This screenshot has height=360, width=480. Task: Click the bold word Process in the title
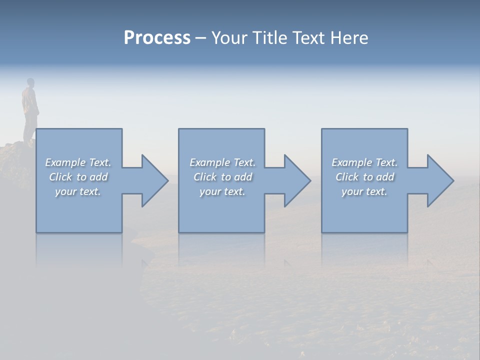pyautogui.click(x=157, y=38)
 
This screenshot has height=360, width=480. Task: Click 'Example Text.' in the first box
pyautogui.click(x=78, y=162)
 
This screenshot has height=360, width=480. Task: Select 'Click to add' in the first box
pyautogui.click(x=78, y=177)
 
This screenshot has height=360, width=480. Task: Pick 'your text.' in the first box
pyautogui.click(x=78, y=191)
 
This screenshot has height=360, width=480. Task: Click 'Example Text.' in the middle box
pyautogui.click(x=222, y=162)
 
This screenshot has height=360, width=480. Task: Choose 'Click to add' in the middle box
pyautogui.click(x=222, y=177)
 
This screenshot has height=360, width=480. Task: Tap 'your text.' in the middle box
pyautogui.click(x=222, y=191)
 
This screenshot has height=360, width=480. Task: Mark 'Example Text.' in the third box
pyautogui.click(x=364, y=162)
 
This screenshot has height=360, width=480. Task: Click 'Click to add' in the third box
pyautogui.click(x=364, y=177)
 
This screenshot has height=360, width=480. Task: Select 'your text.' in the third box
pyautogui.click(x=364, y=191)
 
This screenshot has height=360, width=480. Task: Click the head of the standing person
pyautogui.click(x=30, y=82)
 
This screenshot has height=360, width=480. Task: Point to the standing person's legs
pyautogui.click(x=29, y=127)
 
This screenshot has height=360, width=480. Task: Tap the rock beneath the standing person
pyautogui.click(x=15, y=160)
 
